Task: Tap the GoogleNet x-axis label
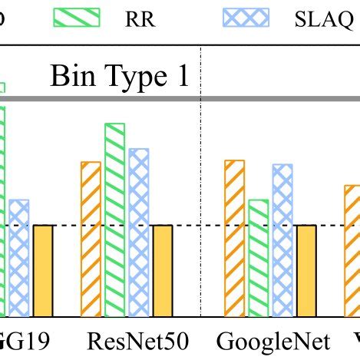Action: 273,340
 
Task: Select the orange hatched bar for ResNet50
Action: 91,239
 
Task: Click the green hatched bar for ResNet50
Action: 114,219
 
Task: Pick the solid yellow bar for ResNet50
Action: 163,270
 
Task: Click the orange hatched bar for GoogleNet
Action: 234,238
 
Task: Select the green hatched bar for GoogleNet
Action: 258,258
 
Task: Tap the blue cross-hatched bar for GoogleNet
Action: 282,239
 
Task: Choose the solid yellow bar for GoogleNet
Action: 306,270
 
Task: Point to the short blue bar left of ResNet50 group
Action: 19,257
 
